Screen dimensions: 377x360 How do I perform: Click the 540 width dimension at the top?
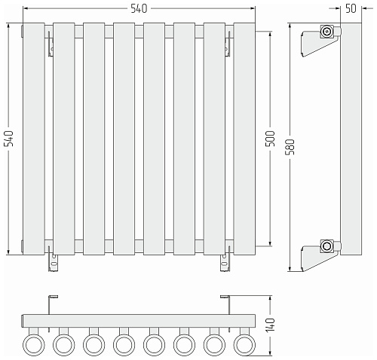(x=139, y=8)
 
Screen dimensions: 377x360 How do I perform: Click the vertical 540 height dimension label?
(x=10, y=139)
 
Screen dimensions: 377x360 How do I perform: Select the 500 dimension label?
(x=271, y=139)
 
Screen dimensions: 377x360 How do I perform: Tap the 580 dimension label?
(x=290, y=147)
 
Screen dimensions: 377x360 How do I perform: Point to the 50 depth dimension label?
(x=351, y=8)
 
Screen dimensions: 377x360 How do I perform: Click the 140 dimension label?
(x=271, y=325)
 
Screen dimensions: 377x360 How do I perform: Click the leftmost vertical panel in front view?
(x=34, y=139)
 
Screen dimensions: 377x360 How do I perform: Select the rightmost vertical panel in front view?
(x=244, y=139)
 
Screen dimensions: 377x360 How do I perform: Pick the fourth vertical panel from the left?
(x=124, y=139)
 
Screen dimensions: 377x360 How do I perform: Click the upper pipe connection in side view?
(x=326, y=32)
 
